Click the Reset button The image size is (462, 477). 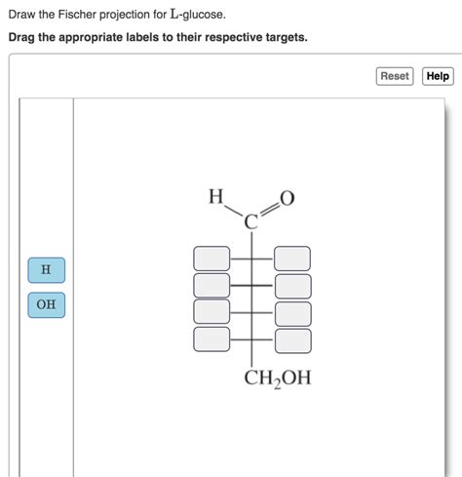click(x=394, y=76)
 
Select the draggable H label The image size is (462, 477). click(x=46, y=268)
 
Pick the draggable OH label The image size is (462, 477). click(x=46, y=305)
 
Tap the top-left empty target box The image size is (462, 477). click(x=212, y=258)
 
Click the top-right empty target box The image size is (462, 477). click(x=292, y=258)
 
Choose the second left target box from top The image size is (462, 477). click(x=212, y=285)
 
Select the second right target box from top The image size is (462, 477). click(x=292, y=286)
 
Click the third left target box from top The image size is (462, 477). click(x=212, y=312)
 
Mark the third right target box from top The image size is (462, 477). click(x=292, y=313)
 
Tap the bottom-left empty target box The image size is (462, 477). click(x=212, y=338)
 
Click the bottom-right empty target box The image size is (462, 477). click(x=292, y=339)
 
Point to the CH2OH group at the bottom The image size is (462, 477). click(x=278, y=378)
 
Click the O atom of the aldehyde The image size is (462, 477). click(x=287, y=199)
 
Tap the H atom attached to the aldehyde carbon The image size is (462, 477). click(x=214, y=198)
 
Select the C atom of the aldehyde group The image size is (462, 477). click(x=250, y=221)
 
